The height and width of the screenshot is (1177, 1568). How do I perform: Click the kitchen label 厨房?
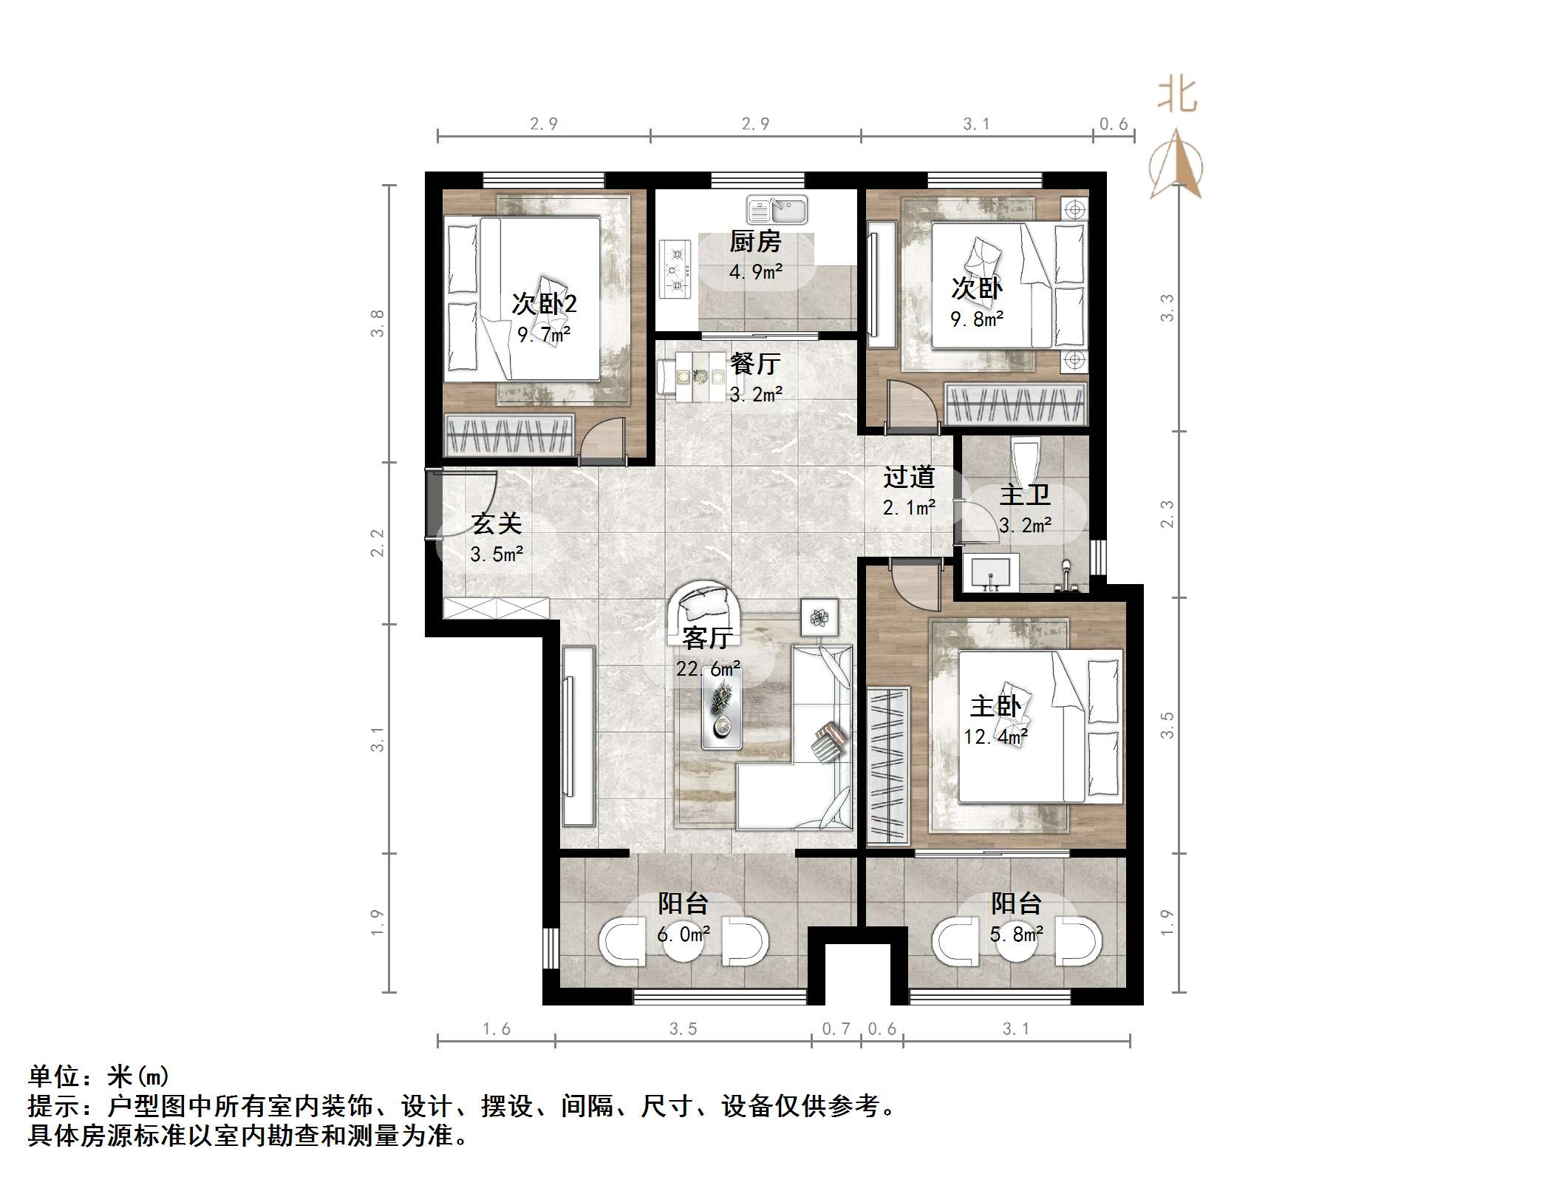point(754,242)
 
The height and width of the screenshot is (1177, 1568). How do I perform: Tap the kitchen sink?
point(777,210)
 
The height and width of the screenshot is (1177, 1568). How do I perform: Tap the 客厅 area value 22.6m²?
point(708,669)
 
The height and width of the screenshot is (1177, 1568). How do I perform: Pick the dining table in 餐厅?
point(701,376)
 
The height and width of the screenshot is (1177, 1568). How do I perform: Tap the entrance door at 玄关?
point(432,504)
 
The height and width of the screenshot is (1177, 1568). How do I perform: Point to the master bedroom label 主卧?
point(995,706)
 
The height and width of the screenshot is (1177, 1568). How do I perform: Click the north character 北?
point(1176,95)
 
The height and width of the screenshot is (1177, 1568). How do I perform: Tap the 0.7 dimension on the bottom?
point(836,1028)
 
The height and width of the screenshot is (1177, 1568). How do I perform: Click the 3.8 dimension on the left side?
point(378,324)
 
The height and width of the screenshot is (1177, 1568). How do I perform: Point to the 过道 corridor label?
point(909,477)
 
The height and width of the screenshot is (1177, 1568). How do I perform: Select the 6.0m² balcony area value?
point(684,935)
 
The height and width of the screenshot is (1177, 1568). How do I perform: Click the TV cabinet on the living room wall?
point(579,736)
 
